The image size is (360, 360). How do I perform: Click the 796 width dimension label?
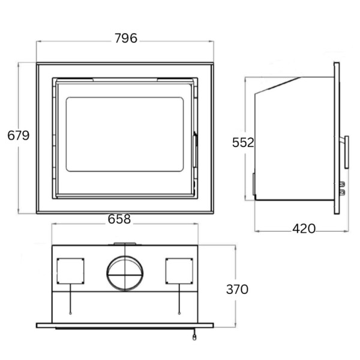pyautogui.click(x=125, y=38)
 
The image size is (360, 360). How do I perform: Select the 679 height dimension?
pyautogui.click(x=18, y=136)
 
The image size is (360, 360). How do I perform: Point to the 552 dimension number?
pyautogui.click(x=244, y=143)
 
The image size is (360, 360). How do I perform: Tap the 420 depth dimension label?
pyautogui.click(x=304, y=229)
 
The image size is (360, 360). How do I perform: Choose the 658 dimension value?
pyautogui.click(x=119, y=220)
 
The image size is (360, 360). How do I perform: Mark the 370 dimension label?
pyautogui.click(x=237, y=289)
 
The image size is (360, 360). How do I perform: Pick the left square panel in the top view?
pyautogui.click(x=71, y=272)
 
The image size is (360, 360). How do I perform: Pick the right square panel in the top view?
pyautogui.click(x=179, y=272)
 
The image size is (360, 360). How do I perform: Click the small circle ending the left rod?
pyautogui.click(x=71, y=313)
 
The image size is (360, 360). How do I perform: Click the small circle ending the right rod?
pyautogui.click(x=179, y=313)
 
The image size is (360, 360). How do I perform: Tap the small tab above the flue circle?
pyautogui.click(x=125, y=244)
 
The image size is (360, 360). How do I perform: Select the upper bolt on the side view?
pyautogui.click(x=343, y=184)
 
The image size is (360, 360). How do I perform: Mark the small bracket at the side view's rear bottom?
pyautogui.click(x=254, y=186)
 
